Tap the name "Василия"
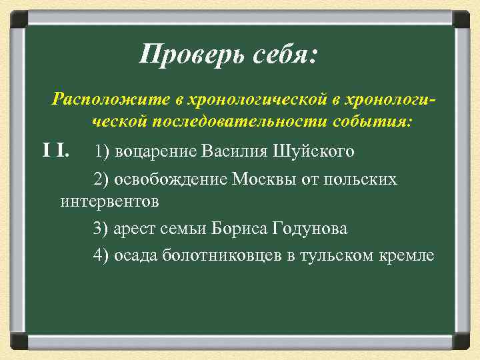236,151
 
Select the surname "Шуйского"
313,151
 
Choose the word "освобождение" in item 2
170,179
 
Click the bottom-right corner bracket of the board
462,342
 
